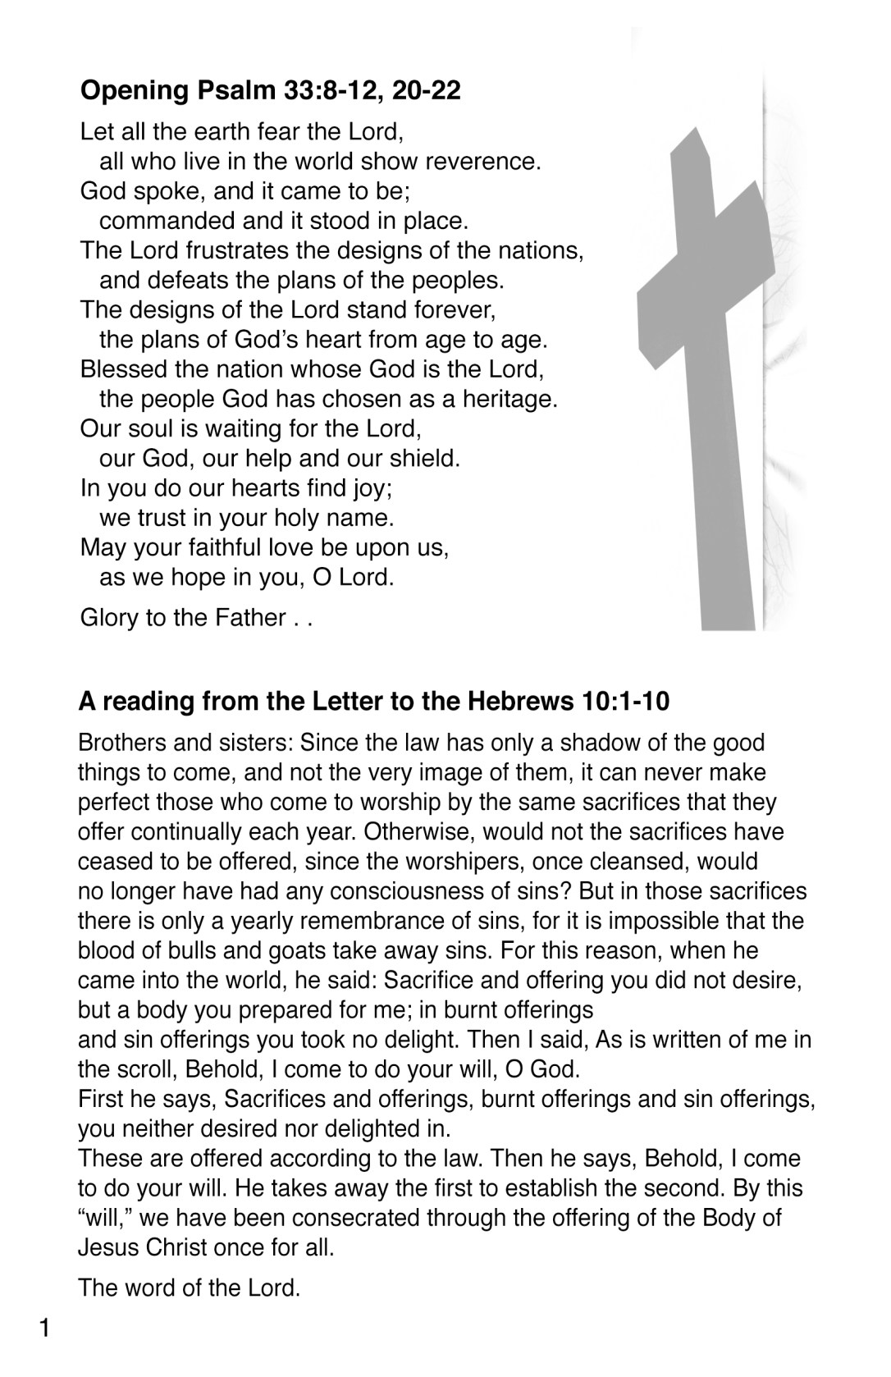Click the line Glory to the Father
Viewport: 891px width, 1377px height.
point(195,617)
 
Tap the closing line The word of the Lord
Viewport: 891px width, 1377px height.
point(189,1288)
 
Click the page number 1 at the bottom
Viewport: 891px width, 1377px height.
point(45,1328)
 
